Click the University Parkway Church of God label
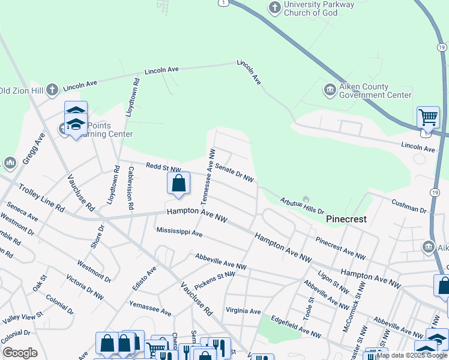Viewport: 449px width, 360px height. tap(319, 9)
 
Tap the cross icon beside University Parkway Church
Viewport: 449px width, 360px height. tap(274, 8)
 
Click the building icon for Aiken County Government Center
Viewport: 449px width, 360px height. tap(330, 91)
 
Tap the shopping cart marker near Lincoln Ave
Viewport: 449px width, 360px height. tap(428, 117)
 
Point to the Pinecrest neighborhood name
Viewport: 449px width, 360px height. tap(346, 220)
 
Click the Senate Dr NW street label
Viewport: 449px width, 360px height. tap(234, 173)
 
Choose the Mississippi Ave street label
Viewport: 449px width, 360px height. tap(179, 232)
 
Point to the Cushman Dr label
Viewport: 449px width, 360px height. tap(408, 206)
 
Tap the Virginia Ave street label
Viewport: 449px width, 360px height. tap(243, 311)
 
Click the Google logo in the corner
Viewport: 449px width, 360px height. tap(20, 353)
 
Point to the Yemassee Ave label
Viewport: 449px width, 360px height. tap(150, 309)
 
